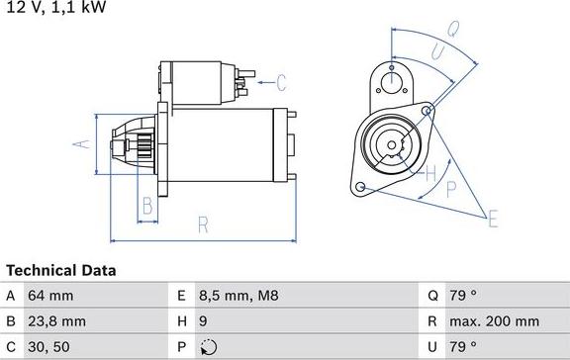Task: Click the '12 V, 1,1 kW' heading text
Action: click(54, 8)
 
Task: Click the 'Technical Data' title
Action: click(60, 270)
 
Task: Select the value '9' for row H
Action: click(203, 321)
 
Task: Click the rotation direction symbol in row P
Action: click(206, 347)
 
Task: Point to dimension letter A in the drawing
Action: click(83, 144)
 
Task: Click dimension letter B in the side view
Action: click(145, 207)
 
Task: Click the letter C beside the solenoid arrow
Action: click(280, 82)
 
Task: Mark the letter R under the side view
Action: click(202, 225)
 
